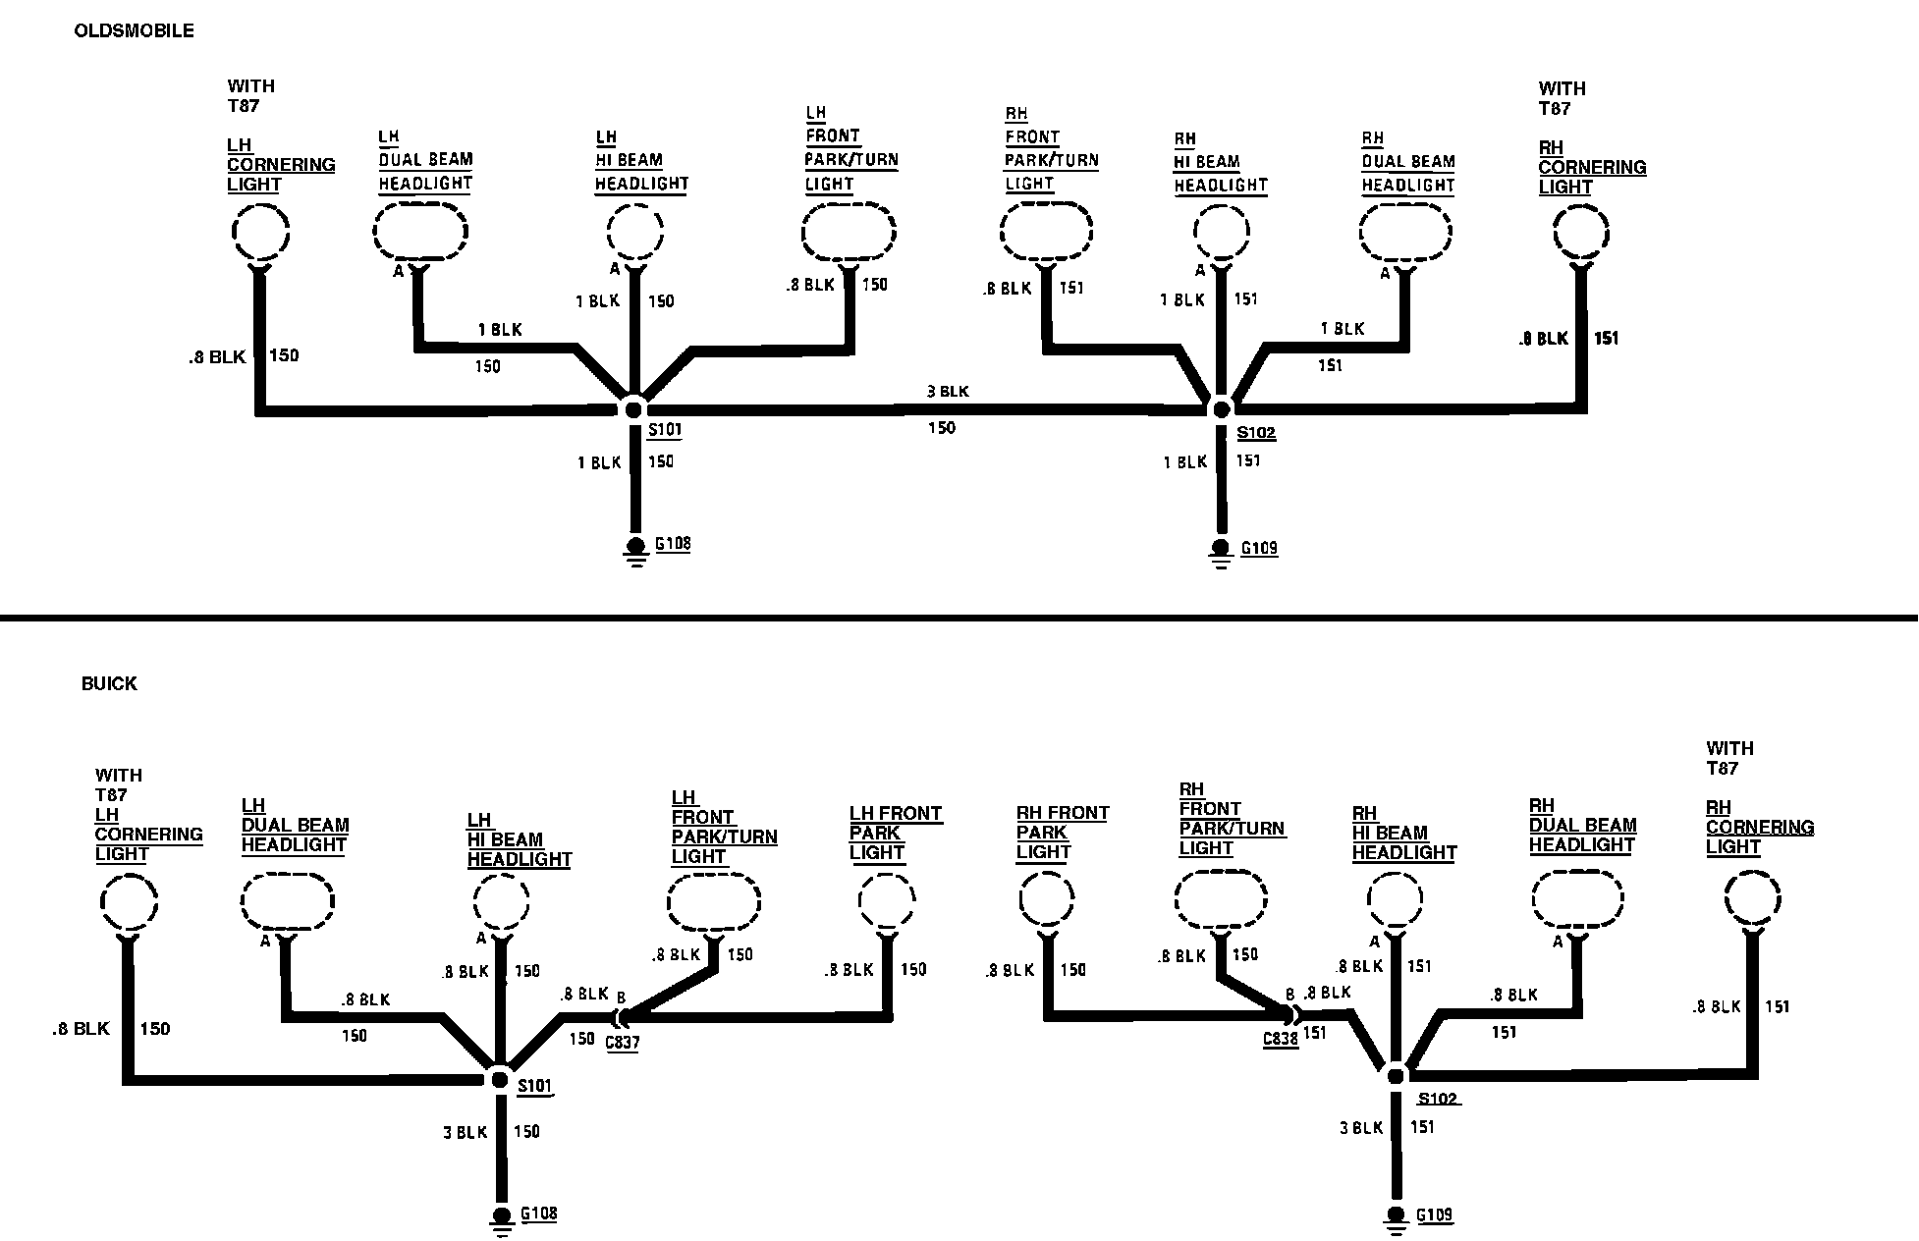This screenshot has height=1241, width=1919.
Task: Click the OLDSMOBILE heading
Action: click(134, 31)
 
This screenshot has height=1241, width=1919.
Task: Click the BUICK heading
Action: click(109, 684)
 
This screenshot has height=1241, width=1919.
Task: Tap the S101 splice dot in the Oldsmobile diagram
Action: click(633, 409)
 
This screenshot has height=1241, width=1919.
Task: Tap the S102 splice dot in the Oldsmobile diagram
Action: click(1221, 408)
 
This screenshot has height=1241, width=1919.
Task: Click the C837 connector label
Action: click(622, 1043)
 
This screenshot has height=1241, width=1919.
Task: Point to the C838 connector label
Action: click(1281, 1039)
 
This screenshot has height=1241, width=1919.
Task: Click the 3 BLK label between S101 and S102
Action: click(948, 392)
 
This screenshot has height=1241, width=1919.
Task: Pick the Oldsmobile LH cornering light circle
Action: click(260, 234)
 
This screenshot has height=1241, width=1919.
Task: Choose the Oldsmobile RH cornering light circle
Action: click(1581, 234)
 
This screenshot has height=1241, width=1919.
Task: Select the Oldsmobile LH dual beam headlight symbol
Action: click(420, 232)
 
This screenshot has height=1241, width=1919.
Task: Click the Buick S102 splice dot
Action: click(1396, 1076)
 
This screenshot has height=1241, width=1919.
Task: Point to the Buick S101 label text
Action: click(535, 1086)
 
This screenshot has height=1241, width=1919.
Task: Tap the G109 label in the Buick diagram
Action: click(1434, 1215)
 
